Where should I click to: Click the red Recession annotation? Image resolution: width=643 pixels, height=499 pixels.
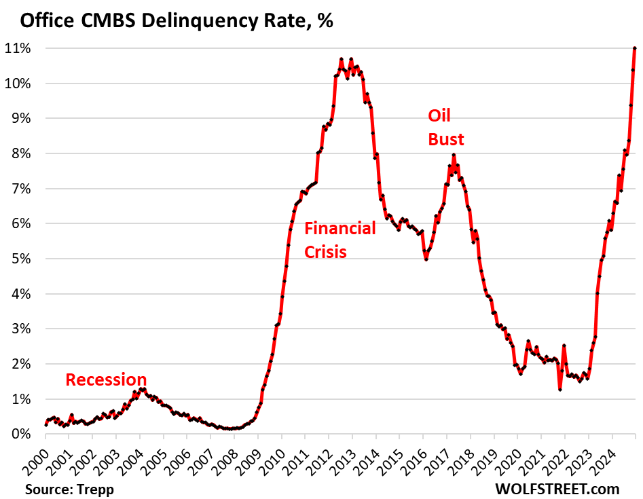(x=106, y=380)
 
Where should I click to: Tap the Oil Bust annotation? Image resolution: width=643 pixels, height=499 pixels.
(x=446, y=128)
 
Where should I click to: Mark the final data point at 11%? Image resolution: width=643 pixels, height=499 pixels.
(x=634, y=48)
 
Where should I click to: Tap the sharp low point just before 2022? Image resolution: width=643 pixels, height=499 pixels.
(x=559, y=389)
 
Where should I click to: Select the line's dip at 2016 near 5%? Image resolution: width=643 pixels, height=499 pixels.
(x=426, y=259)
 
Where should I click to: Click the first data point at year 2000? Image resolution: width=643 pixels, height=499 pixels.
(x=45, y=424)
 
